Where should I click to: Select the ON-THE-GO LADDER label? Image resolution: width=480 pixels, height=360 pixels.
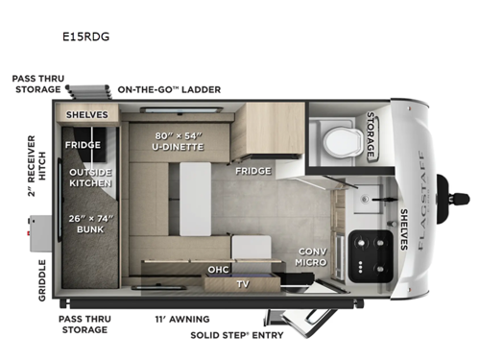coord(169,89)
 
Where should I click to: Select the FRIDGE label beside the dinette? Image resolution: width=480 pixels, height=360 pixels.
coord(253,171)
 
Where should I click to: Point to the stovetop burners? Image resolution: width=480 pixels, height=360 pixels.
coord(366,253)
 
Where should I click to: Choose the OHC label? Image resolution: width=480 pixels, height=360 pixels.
coord(218,270)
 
